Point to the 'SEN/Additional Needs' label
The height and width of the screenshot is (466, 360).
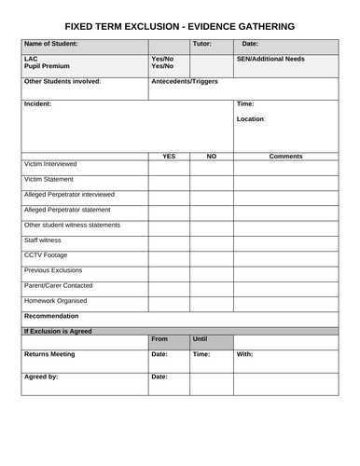pos(270,59)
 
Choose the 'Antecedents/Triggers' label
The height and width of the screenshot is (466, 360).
pos(186,81)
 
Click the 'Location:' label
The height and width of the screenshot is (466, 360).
pos(252,119)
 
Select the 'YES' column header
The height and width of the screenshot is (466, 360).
pos(169,156)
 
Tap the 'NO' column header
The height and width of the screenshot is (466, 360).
pos(211,156)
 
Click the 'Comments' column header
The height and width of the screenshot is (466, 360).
pos(285,156)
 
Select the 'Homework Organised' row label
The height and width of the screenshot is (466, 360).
pos(55,301)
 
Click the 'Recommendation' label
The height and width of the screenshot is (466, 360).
pos(51,316)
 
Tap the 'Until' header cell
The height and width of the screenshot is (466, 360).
pos(200,339)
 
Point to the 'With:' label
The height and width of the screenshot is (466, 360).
pos(244,354)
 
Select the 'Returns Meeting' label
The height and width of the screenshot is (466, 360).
pos(49,354)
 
